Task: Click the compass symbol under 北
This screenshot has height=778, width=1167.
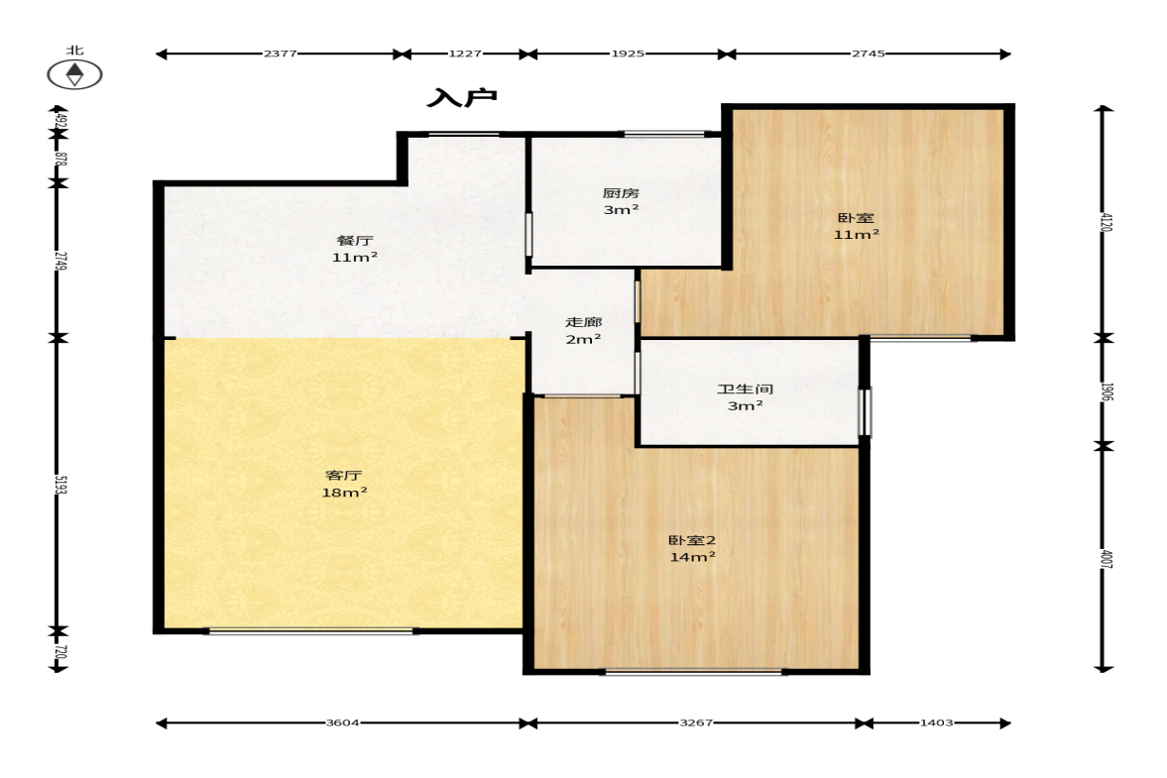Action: (x=74, y=74)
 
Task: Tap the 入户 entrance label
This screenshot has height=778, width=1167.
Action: (x=462, y=97)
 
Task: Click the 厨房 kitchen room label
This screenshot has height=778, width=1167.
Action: (x=621, y=193)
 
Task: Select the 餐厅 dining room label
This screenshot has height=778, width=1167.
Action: (x=355, y=240)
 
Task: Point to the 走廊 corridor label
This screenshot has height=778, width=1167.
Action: (x=583, y=322)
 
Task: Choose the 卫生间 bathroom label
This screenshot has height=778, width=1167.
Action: (x=745, y=389)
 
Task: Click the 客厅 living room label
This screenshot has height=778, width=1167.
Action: (x=344, y=476)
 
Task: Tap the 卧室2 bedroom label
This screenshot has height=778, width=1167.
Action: (x=692, y=540)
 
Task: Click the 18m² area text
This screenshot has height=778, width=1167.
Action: (x=344, y=493)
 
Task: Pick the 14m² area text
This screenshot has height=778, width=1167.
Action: (x=692, y=556)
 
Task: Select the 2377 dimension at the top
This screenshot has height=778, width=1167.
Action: (x=281, y=54)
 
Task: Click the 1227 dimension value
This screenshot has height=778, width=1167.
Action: (x=464, y=54)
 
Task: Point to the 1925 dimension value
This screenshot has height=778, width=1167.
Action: (x=628, y=54)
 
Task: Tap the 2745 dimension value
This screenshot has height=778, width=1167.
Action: (x=869, y=54)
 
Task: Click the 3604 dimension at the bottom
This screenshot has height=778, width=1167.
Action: (x=342, y=722)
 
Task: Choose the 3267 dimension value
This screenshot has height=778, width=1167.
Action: (x=696, y=722)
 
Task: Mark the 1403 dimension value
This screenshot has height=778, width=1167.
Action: (x=936, y=722)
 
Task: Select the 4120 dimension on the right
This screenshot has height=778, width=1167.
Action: (x=1106, y=222)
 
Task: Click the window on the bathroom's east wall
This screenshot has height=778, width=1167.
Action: (x=865, y=412)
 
